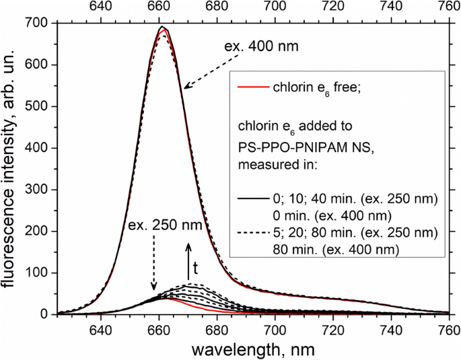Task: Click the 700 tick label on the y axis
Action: coord(38,24)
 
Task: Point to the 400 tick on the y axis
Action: coord(57,148)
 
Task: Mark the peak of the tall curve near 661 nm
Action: coord(162,28)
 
